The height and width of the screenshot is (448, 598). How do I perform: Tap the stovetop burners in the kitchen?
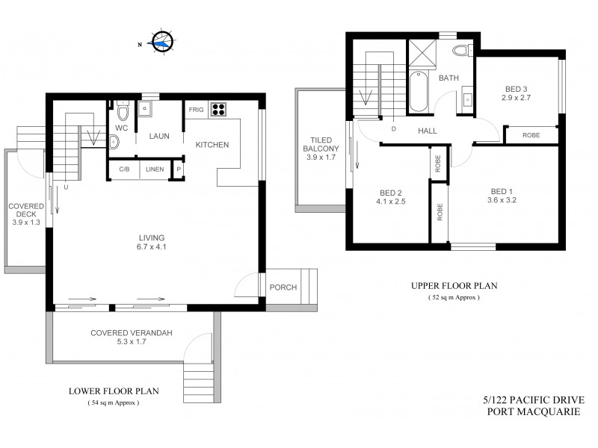click(219, 111)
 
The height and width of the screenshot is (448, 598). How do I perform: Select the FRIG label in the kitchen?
click(196, 111)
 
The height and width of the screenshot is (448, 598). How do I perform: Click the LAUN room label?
click(158, 137)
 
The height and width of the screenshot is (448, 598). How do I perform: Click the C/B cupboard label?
click(123, 169)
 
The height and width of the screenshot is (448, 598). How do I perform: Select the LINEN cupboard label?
click(154, 169)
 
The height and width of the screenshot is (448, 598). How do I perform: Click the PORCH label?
click(284, 287)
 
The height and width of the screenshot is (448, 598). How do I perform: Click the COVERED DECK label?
click(26, 212)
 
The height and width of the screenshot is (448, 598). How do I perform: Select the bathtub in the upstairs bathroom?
click(418, 92)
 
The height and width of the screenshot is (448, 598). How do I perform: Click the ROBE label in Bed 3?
click(531, 135)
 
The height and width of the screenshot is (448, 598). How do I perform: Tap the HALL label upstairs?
click(428, 131)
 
